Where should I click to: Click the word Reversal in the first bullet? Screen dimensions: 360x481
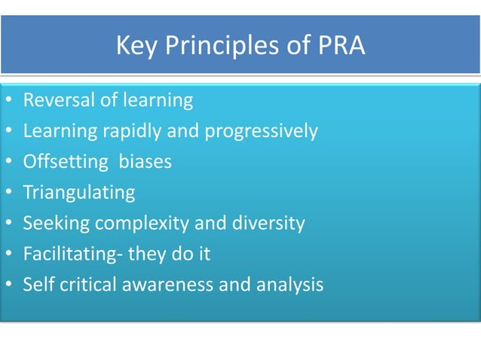[x=57, y=100]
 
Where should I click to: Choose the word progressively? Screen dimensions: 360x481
[x=259, y=132]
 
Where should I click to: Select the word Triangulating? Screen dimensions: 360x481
[x=79, y=193]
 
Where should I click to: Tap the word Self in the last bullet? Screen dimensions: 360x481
[x=36, y=285]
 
